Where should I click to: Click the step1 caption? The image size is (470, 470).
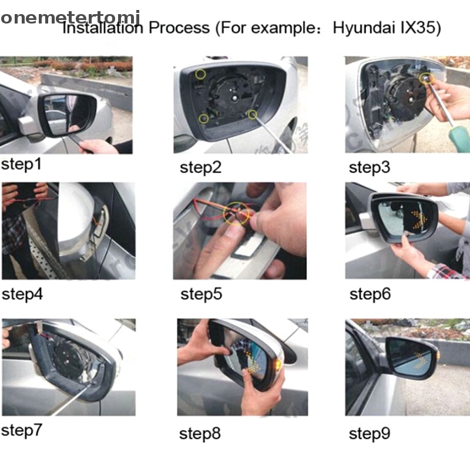pyautogui.click(x=21, y=164)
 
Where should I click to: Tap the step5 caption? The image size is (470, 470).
pyautogui.click(x=201, y=294)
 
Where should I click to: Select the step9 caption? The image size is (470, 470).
pyautogui.click(x=370, y=434)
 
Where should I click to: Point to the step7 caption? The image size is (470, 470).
pyautogui.click(x=22, y=431)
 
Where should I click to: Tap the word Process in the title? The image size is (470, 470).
pyautogui.click(x=179, y=28)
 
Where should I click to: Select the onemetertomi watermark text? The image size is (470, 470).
pyautogui.click(x=70, y=18)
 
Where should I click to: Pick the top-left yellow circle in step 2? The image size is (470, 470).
pyautogui.click(x=200, y=74)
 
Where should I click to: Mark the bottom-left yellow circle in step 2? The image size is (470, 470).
pyautogui.click(x=204, y=119)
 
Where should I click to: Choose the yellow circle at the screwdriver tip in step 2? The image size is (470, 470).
pyautogui.click(x=253, y=114)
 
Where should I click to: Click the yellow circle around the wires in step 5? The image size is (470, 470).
pyautogui.click(x=236, y=213)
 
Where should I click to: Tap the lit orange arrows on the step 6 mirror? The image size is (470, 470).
pyautogui.click(x=419, y=220)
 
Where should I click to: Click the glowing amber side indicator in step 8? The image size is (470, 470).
pyautogui.click(x=278, y=364)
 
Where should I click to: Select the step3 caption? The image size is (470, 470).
pyautogui.click(x=370, y=167)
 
